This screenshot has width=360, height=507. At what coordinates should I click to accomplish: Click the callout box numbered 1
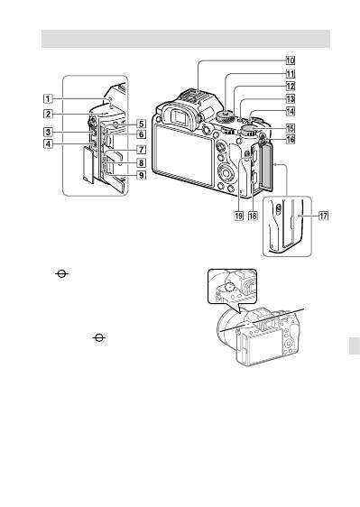[x=48, y=98]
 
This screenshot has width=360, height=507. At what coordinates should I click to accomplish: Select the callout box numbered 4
[x=48, y=143]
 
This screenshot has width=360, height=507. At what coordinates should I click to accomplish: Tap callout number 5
[x=141, y=124]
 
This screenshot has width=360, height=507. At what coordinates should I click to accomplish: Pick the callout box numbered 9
[x=141, y=175]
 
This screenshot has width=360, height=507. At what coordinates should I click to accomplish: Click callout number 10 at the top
[x=290, y=60]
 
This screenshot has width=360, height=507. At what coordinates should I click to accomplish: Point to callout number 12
[x=290, y=86]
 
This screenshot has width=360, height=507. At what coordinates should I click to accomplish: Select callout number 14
[x=290, y=112]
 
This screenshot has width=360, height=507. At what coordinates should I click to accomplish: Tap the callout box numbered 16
[x=290, y=139]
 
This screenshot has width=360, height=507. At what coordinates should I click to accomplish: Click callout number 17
[x=323, y=216]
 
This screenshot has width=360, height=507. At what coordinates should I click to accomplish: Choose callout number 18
[x=253, y=216]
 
